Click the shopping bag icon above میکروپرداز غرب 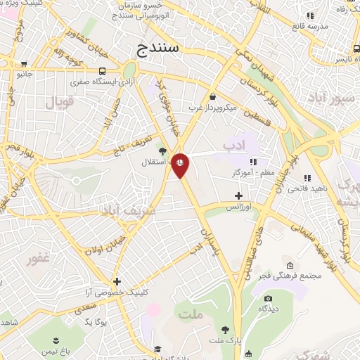click(x=213, y=97)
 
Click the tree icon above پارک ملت click(x=225, y=330)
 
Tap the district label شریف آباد click(x=124, y=210)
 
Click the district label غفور click(x=39, y=259)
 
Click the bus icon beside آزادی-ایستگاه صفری click(x=103, y=71)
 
